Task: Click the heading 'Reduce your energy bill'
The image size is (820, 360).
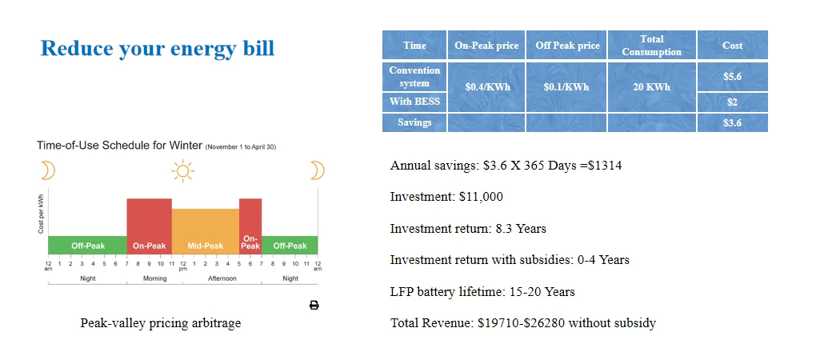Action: [x=157, y=48]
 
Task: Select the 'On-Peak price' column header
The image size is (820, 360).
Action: [x=486, y=46]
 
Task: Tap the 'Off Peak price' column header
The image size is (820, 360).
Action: [x=567, y=46]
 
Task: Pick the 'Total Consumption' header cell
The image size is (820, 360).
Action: [x=651, y=46]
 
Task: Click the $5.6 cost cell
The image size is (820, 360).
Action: [x=732, y=77]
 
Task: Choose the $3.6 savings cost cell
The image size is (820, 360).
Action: [x=732, y=122]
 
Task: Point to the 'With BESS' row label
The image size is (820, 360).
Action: [x=414, y=102]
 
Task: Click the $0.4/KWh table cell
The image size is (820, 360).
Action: [x=486, y=86]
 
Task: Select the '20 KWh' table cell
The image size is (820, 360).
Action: [x=651, y=86]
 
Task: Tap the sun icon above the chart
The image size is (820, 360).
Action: [x=183, y=170]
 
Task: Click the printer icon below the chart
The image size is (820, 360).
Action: [x=314, y=305]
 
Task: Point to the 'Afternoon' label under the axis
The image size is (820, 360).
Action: [x=222, y=278]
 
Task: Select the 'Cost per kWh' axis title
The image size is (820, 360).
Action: [x=41, y=213]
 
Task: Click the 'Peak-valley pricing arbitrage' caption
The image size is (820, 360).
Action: [x=161, y=323]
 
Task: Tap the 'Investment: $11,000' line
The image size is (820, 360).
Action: [x=446, y=197]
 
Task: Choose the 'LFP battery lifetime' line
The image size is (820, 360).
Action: [x=482, y=291]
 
